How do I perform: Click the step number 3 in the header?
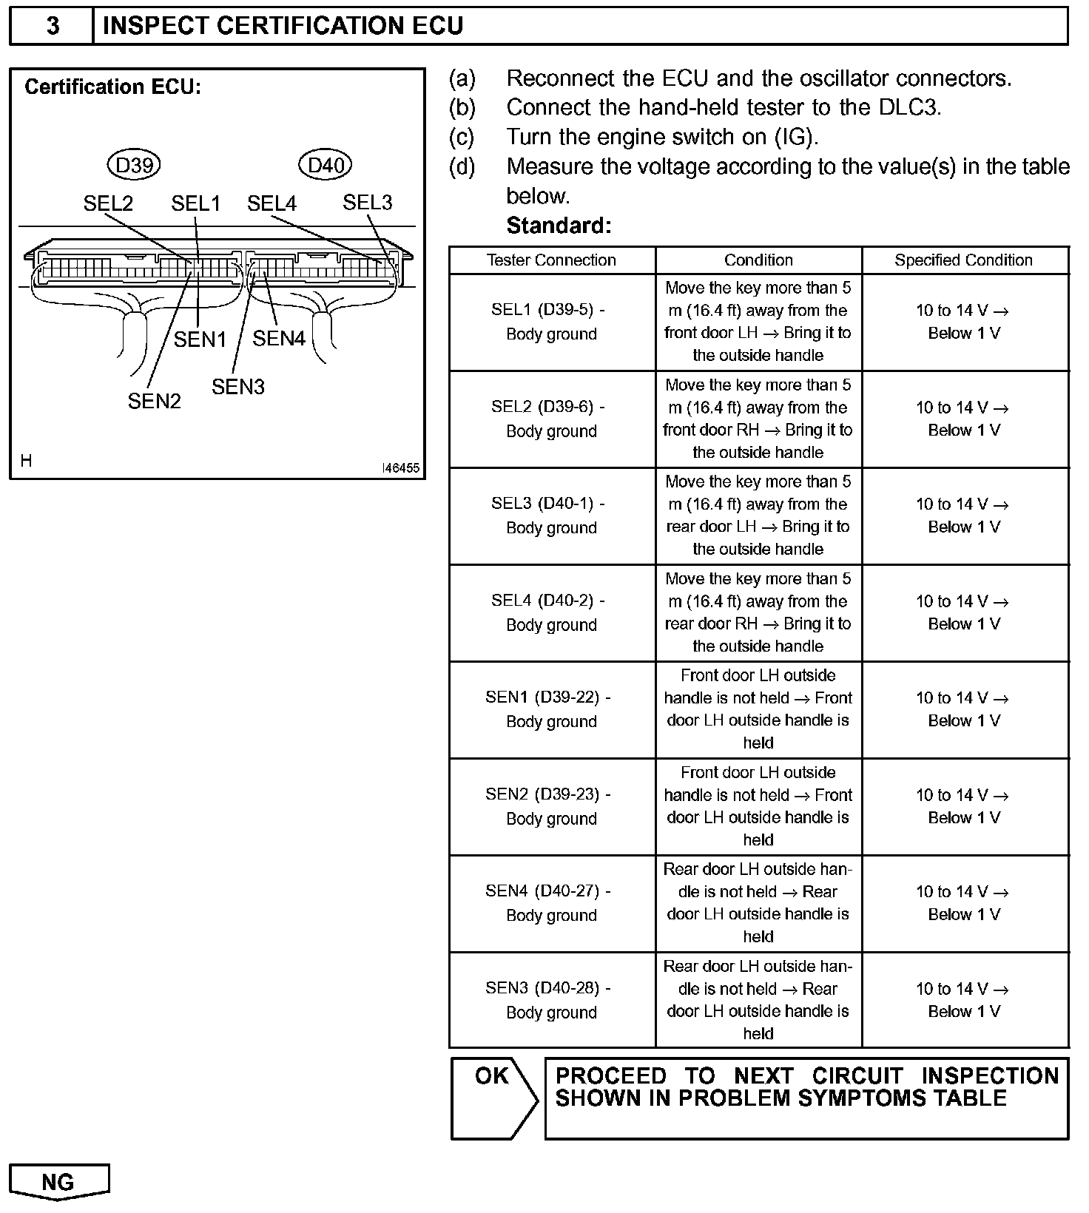coord(53,26)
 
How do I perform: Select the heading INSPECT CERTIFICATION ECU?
coord(283,26)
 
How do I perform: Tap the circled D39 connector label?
coord(134,165)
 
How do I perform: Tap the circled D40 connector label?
coord(326,165)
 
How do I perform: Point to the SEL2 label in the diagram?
coord(108,203)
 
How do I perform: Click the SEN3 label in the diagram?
coord(237,387)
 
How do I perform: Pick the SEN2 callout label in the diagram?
coord(154,401)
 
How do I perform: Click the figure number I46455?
coord(400,468)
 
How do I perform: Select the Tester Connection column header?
coord(551,260)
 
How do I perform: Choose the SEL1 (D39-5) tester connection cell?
coord(551,322)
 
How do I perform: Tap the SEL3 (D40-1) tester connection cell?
coord(551,516)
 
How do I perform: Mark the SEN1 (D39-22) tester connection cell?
coord(551,709)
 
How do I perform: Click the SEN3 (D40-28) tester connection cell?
coord(551,1000)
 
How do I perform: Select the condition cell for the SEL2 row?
coord(758,419)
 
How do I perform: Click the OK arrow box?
coord(494,1098)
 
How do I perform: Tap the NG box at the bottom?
coord(58,1181)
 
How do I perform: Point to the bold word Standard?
coord(559,226)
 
